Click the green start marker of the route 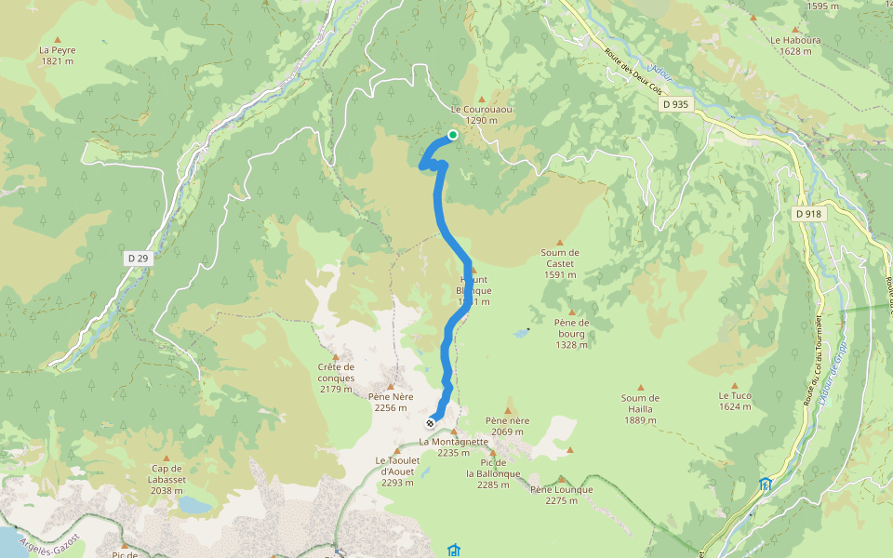(453, 135)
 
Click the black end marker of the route (430, 423)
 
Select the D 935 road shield (676, 104)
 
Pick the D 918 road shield (808, 214)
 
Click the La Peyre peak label (58, 55)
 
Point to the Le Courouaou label (481, 114)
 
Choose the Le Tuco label (734, 401)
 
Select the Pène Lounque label (561, 495)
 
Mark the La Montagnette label (454, 447)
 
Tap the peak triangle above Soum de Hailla (640, 386)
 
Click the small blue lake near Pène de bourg (519, 332)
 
